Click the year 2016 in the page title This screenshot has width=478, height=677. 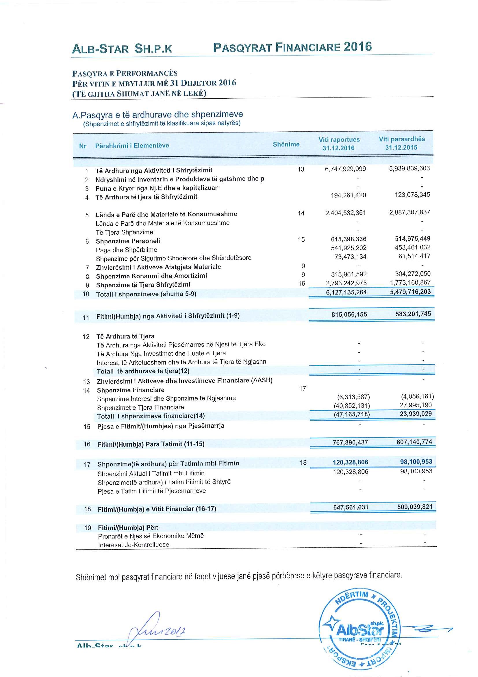357,47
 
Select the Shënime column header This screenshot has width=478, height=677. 286,144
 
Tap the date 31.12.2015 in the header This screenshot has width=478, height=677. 401,148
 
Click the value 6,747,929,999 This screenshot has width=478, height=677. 345,169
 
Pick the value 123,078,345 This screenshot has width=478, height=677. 412,195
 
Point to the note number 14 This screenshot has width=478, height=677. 301,213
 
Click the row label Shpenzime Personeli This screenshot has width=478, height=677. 128,241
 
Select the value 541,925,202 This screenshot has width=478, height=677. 349,248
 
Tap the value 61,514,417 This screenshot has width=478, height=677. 414,256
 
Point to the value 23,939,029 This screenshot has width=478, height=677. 416,413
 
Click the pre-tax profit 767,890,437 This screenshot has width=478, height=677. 350,442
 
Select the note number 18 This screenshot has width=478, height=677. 303,462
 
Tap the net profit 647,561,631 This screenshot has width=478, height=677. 351,507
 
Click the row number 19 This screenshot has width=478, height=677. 88,528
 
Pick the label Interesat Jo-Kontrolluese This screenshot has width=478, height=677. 134,544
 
